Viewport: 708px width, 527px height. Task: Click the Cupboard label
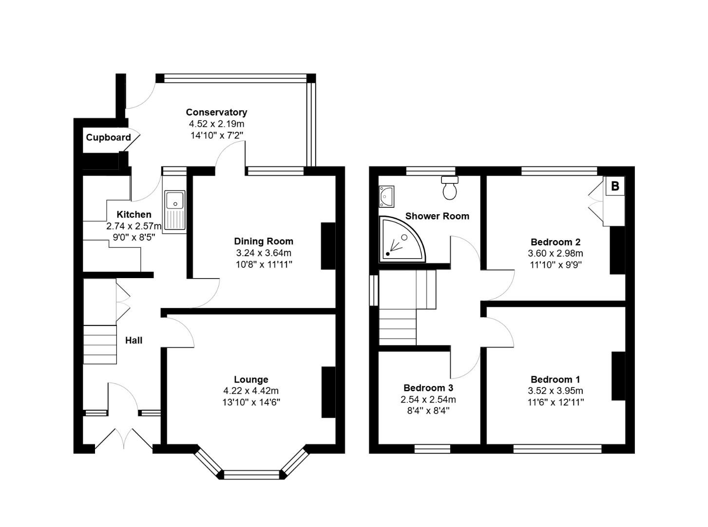(108, 138)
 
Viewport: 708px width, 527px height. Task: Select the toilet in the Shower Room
(450, 187)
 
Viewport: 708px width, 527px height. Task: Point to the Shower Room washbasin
(386, 196)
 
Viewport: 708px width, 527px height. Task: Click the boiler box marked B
(614, 186)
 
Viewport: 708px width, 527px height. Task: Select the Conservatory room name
(216, 112)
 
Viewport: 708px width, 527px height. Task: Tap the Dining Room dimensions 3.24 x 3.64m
(264, 253)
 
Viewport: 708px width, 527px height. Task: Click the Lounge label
(251, 379)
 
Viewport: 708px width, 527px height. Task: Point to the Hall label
(134, 341)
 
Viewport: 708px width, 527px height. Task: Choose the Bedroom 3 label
(428, 388)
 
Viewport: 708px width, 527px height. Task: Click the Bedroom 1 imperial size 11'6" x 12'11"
(555, 402)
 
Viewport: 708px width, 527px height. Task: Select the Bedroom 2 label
(555, 242)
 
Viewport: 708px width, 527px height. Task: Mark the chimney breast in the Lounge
(328, 392)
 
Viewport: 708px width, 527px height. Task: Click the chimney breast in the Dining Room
(328, 246)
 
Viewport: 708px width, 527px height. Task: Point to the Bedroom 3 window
(432, 449)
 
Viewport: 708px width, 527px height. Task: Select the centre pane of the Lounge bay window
(251, 475)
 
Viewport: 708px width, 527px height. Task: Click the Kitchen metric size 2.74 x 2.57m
(134, 226)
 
